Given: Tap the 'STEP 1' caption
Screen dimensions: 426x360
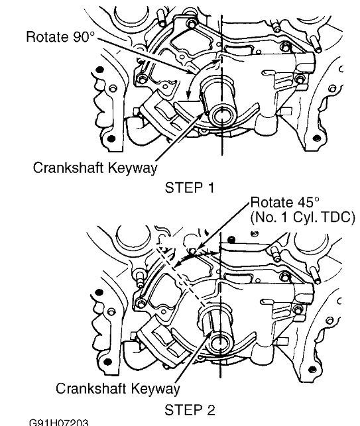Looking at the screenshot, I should (x=190, y=187).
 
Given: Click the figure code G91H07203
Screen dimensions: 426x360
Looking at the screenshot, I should (x=58, y=421).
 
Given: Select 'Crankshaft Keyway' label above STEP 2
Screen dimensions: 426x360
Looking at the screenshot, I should (x=117, y=387).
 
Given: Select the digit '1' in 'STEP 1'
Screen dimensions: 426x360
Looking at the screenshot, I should (x=210, y=187).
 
